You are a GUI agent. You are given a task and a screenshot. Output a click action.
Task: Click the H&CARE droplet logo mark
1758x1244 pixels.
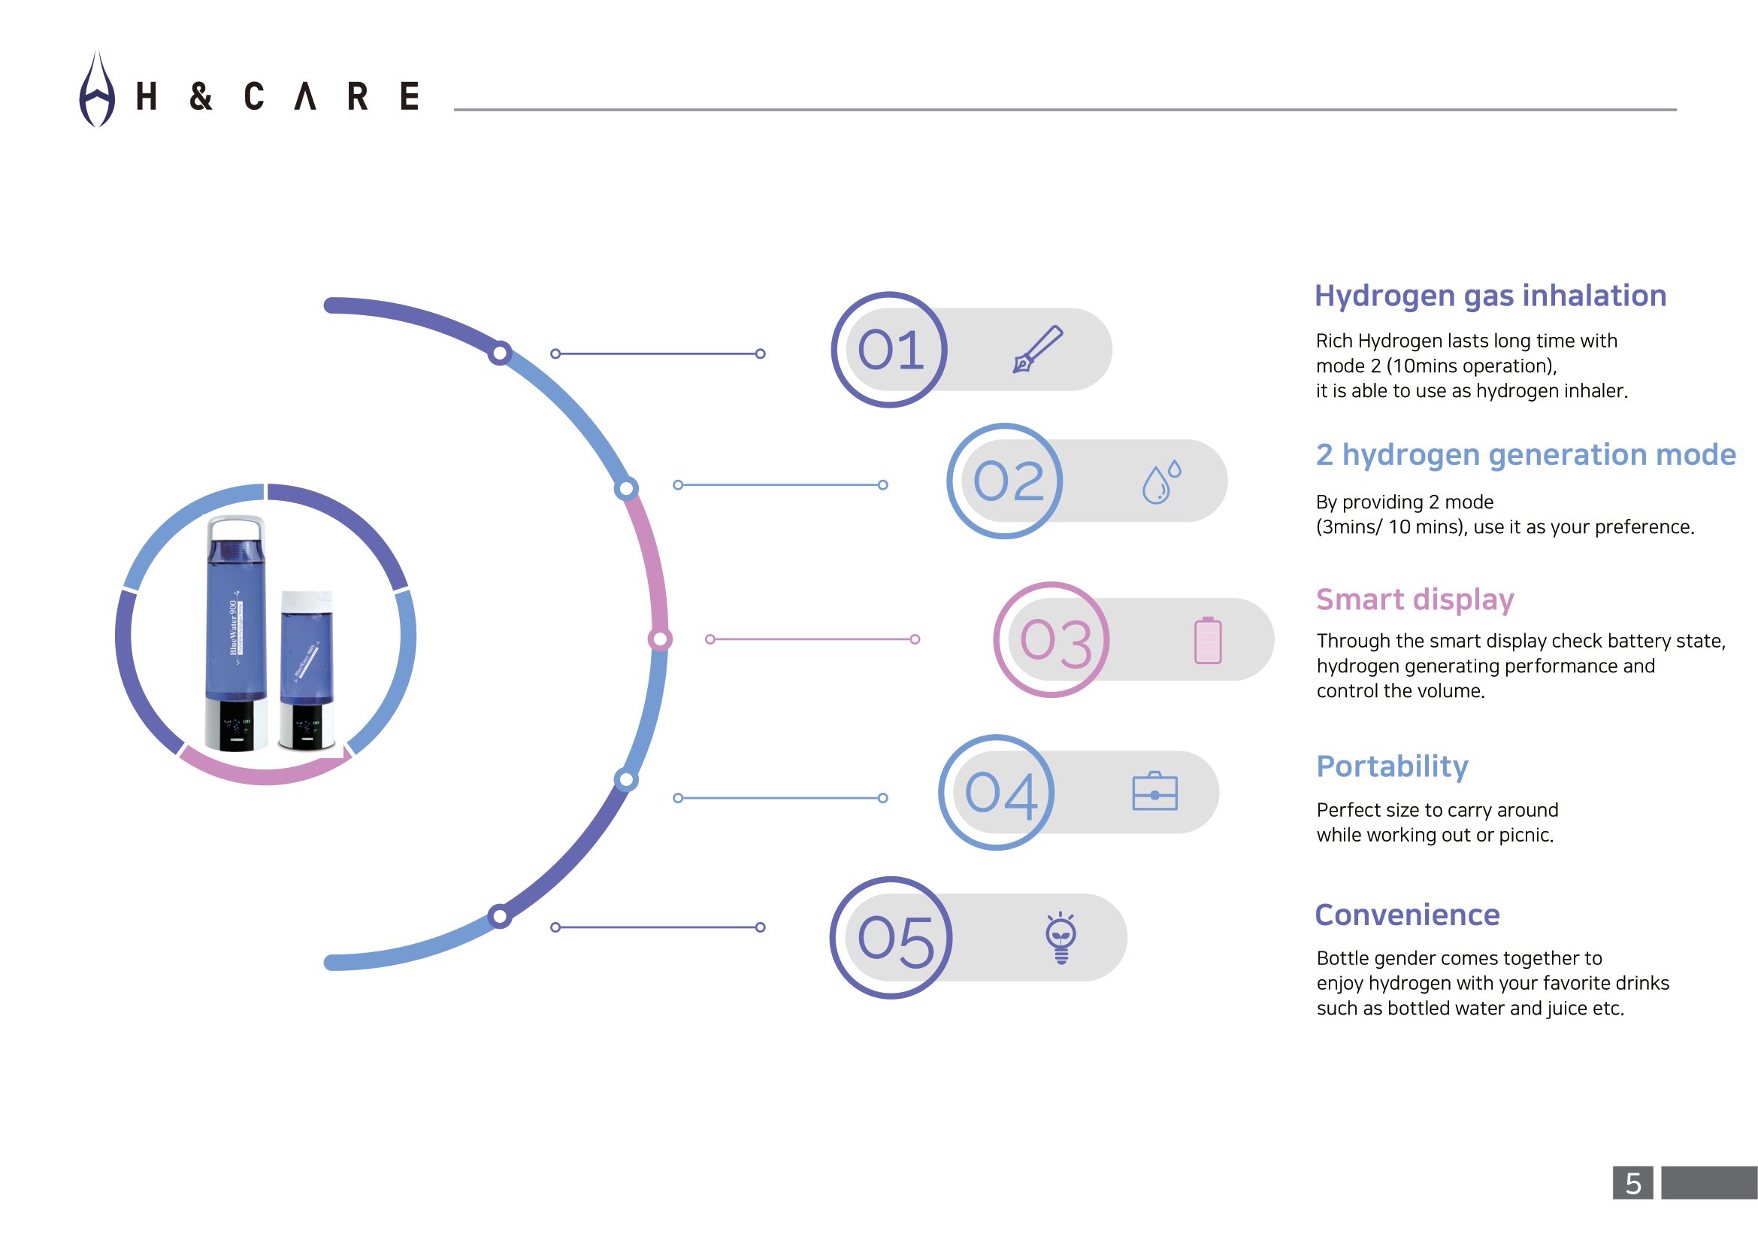point(97,90)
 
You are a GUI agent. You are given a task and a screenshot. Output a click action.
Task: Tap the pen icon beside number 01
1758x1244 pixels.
point(1037,349)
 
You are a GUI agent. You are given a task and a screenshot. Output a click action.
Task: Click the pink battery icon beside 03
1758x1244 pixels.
point(1208,639)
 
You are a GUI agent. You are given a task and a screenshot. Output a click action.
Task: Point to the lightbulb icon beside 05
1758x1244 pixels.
point(1061,938)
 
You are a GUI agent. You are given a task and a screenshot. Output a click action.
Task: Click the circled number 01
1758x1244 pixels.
point(889,350)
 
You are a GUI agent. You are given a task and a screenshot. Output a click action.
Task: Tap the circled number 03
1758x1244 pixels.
point(1051,639)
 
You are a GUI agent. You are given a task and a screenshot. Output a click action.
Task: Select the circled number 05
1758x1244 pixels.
point(891,938)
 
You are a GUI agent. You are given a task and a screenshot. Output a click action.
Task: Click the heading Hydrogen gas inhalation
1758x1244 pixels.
point(1490,296)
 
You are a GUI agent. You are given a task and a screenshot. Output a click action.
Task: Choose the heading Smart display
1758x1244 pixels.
point(1415,599)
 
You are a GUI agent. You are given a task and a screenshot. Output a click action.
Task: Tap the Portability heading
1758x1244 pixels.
point(1392,766)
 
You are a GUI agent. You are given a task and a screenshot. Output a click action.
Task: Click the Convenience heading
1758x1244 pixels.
point(1407,915)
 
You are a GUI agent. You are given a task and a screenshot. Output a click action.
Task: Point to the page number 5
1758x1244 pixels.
point(1633,1183)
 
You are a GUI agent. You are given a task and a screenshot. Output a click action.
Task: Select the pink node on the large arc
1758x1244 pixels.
point(660,639)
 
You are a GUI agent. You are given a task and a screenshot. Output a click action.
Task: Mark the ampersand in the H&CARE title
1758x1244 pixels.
point(201,96)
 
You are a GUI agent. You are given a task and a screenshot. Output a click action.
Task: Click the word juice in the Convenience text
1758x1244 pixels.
point(1565,1009)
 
